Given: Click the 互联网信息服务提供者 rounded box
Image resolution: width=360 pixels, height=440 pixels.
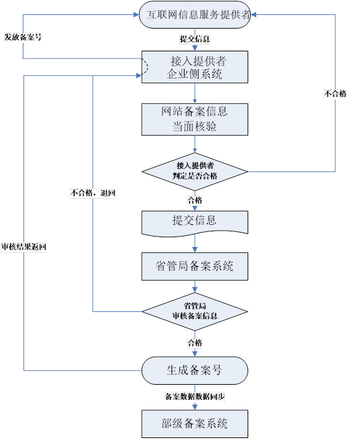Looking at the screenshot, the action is [x=195, y=14].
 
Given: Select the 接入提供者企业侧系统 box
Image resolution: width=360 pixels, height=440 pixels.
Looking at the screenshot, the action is [x=195, y=67].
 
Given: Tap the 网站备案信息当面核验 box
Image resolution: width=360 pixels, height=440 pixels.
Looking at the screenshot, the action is [x=195, y=120].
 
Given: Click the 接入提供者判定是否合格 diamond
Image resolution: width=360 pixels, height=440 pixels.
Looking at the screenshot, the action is [x=195, y=172].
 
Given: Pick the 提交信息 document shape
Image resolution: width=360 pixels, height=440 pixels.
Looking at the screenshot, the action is [x=195, y=224].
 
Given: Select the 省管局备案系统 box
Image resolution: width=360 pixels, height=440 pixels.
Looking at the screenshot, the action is [x=195, y=266].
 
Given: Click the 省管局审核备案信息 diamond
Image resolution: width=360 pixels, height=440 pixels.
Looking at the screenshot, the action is [x=195, y=311].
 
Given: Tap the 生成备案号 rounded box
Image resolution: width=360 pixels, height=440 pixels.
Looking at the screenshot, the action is [x=195, y=370].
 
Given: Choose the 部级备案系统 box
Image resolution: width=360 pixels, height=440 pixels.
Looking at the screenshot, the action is [x=195, y=424].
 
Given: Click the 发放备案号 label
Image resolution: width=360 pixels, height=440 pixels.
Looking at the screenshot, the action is [x=23, y=37].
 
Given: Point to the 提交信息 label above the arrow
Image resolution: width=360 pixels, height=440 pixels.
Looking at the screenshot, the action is [x=195, y=39].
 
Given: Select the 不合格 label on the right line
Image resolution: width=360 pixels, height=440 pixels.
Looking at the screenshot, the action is [x=335, y=94].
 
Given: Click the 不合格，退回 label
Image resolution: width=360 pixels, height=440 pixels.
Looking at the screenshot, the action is [x=93, y=193].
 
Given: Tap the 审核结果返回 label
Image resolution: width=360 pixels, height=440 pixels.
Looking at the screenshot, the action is [x=23, y=247].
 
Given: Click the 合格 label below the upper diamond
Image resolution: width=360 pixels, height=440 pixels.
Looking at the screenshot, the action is [x=195, y=200].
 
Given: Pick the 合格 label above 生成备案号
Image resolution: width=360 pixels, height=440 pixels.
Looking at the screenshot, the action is [x=195, y=343].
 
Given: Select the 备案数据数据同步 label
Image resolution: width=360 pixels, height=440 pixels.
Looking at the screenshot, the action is [x=195, y=396].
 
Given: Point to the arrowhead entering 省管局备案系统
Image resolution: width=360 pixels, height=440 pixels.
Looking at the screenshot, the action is [x=195, y=250].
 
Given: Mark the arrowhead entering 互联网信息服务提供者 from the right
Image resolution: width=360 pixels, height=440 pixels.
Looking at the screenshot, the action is [x=253, y=14].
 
